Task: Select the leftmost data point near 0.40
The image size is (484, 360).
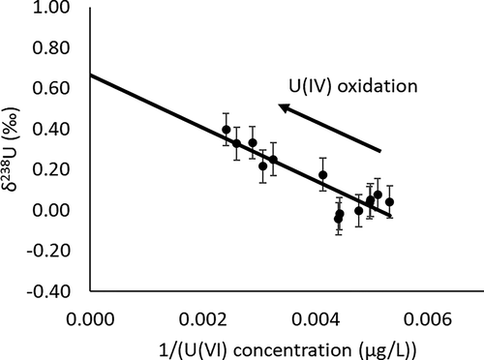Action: click(226, 130)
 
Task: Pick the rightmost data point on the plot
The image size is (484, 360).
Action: click(390, 202)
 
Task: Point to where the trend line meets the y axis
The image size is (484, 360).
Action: click(90, 75)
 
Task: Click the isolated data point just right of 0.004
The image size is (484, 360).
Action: click(322, 175)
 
